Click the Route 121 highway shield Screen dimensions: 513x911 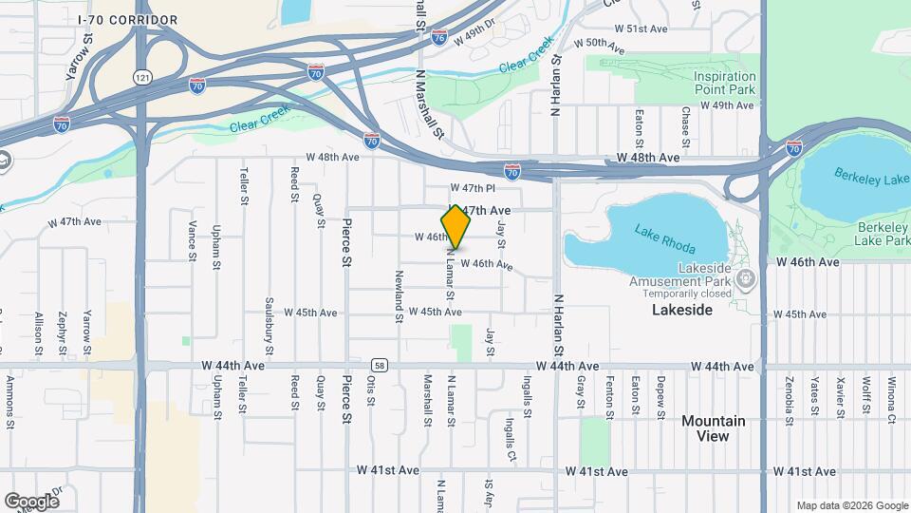(142, 76)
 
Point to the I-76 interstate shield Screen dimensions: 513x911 (438, 37)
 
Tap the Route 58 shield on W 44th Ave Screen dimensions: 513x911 (379, 365)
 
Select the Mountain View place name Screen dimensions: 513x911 (713, 428)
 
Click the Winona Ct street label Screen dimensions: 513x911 (891, 397)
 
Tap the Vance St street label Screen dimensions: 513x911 (192, 240)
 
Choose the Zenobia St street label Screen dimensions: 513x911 (789, 399)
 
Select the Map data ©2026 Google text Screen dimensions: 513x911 (850, 504)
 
